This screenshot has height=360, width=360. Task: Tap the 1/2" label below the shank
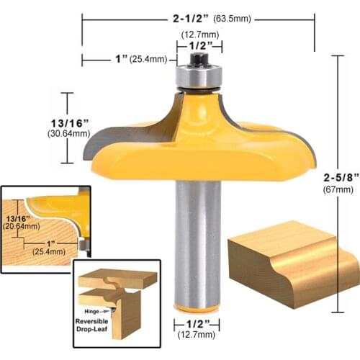click(197, 324)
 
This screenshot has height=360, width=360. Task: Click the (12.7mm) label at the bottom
click(197, 335)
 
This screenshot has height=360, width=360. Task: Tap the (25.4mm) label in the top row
click(148, 59)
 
